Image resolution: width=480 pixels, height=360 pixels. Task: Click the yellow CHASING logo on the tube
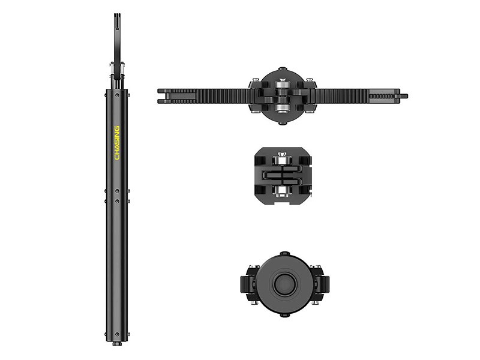pyautogui.click(x=117, y=143)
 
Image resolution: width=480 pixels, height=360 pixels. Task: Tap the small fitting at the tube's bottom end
pyautogui.click(x=117, y=344)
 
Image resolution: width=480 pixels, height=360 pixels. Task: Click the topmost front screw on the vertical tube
pyautogui.click(x=117, y=95)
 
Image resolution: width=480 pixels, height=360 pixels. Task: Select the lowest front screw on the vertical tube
pyautogui.click(x=117, y=334)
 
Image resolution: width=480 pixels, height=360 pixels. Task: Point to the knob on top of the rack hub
pyautogui.click(x=283, y=69)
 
